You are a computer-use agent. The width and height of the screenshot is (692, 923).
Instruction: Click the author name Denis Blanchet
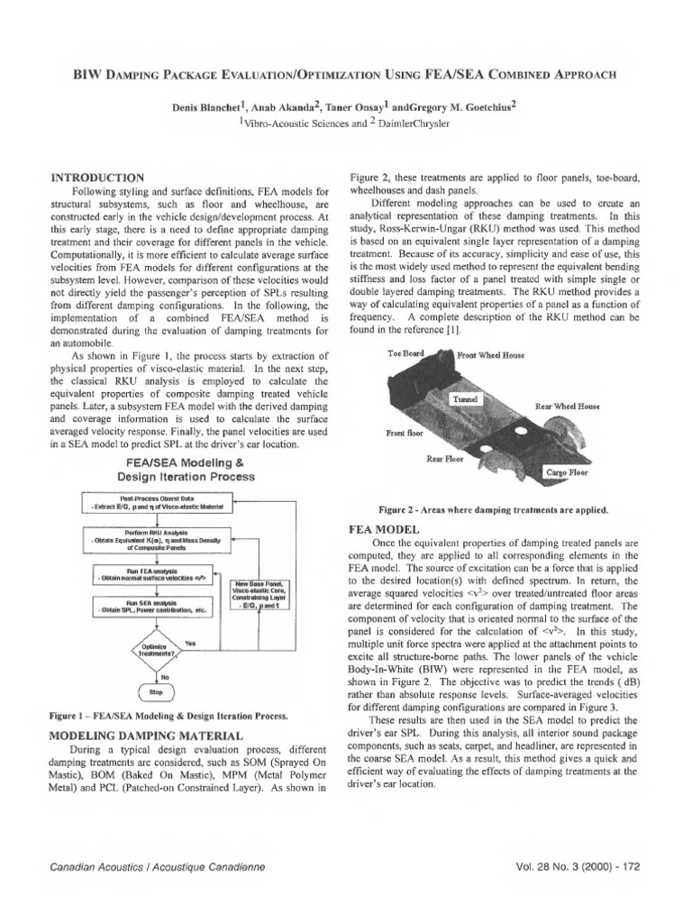tap(214, 108)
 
